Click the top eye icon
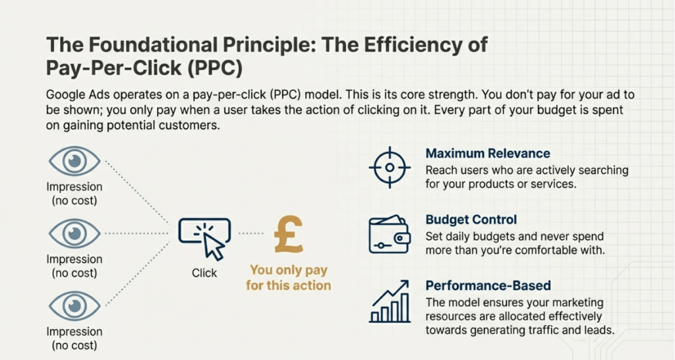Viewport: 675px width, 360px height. point(74,162)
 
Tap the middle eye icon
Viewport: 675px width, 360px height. point(74,233)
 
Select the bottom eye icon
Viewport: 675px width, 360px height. point(74,306)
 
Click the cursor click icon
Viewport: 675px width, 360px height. point(205,239)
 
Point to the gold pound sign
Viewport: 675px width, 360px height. point(289,234)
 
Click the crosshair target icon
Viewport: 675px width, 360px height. point(390,167)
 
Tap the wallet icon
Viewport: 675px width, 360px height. point(390,234)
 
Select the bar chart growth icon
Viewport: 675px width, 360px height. point(390,301)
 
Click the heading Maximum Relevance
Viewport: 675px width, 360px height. point(488,154)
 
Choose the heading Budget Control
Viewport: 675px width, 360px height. point(471,220)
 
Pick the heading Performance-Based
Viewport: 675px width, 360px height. point(488,285)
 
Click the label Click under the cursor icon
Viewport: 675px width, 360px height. point(204,273)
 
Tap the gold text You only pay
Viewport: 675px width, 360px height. point(289,270)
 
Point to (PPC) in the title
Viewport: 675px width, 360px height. point(215,68)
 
